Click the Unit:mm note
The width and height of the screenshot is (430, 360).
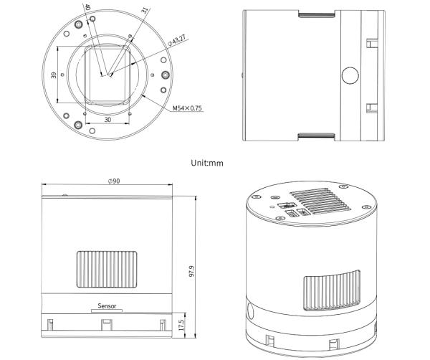(x=207, y=163)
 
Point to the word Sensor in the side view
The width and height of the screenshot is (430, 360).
(x=107, y=305)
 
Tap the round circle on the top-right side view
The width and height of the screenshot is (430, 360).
(x=350, y=75)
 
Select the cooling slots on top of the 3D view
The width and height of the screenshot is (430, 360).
(x=320, y=203)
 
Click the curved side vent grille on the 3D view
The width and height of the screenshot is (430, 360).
(x=334, y=290)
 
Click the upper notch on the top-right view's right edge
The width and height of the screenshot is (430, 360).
(x=371, y=43)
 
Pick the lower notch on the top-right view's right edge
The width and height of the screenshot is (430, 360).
(x=371, y=108)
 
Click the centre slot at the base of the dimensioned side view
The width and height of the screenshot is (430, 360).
(x=105, y=325)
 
